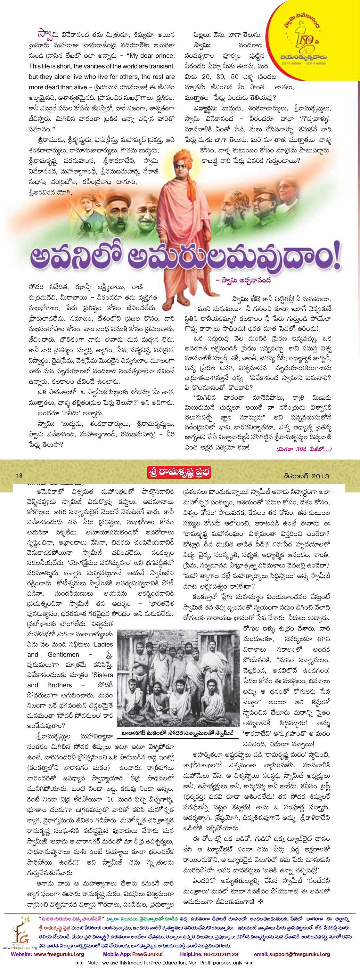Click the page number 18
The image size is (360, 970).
tap(19, 476)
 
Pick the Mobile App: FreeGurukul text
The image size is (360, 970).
tap(133, 954)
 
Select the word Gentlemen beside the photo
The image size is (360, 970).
tap(63, 655)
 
